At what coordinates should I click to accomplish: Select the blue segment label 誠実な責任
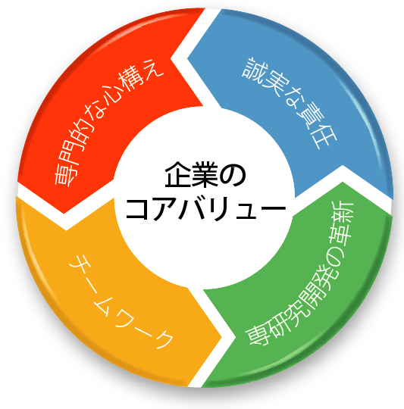(290, 103)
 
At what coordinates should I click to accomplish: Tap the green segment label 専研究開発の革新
(299, 273)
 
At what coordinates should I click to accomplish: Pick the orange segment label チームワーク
(121, 302)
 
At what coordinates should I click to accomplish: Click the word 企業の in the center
(205, 174)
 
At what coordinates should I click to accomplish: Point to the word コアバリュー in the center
(205, 208)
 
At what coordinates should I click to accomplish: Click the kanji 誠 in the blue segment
(252, 68)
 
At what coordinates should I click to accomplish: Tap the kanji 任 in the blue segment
(324, 136)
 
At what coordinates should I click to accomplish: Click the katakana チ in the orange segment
(80, 266)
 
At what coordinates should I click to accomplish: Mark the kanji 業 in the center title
(205, 174)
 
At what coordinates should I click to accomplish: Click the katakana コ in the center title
(138, 209)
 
